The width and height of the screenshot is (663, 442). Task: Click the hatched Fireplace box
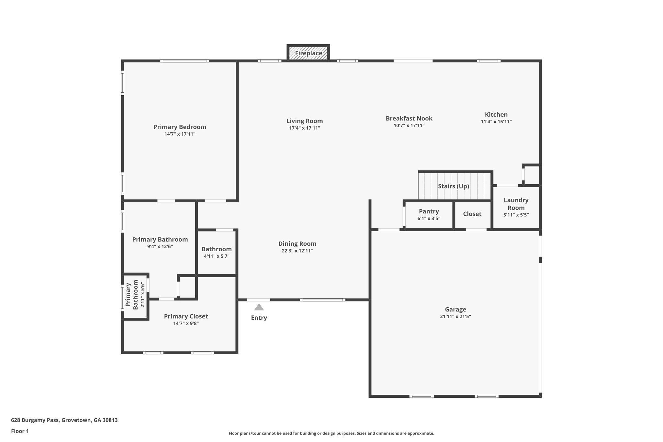coord(308,53)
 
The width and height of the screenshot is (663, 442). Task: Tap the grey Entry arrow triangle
coord(259,307)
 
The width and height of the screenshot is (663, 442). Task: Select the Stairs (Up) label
coord(453,186)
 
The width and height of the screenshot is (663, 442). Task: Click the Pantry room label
coord(429,211)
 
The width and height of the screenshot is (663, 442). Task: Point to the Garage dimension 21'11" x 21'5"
coord(455,317)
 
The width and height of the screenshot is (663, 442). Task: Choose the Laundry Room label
coord(516,204)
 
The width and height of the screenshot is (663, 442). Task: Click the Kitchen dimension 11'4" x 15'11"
coord(496,122)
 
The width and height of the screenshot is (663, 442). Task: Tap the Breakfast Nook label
coord(409,119)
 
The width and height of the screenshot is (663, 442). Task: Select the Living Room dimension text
coord(304,128)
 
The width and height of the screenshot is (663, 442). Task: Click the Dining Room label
coord(297,244)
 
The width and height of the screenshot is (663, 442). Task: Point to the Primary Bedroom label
coord(180,127)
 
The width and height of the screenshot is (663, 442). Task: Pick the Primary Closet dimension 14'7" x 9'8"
coord(186,323)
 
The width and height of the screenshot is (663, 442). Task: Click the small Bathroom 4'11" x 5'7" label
coord(217,249)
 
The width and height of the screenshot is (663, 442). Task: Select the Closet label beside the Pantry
coord(472,214)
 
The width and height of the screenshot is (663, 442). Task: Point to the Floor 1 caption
coord(20,431)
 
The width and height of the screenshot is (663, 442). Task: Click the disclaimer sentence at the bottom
coord(331,433)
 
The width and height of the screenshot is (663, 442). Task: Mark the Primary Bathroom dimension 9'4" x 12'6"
coord(160,247)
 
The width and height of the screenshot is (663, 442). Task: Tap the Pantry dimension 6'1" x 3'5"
coord(429,219)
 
